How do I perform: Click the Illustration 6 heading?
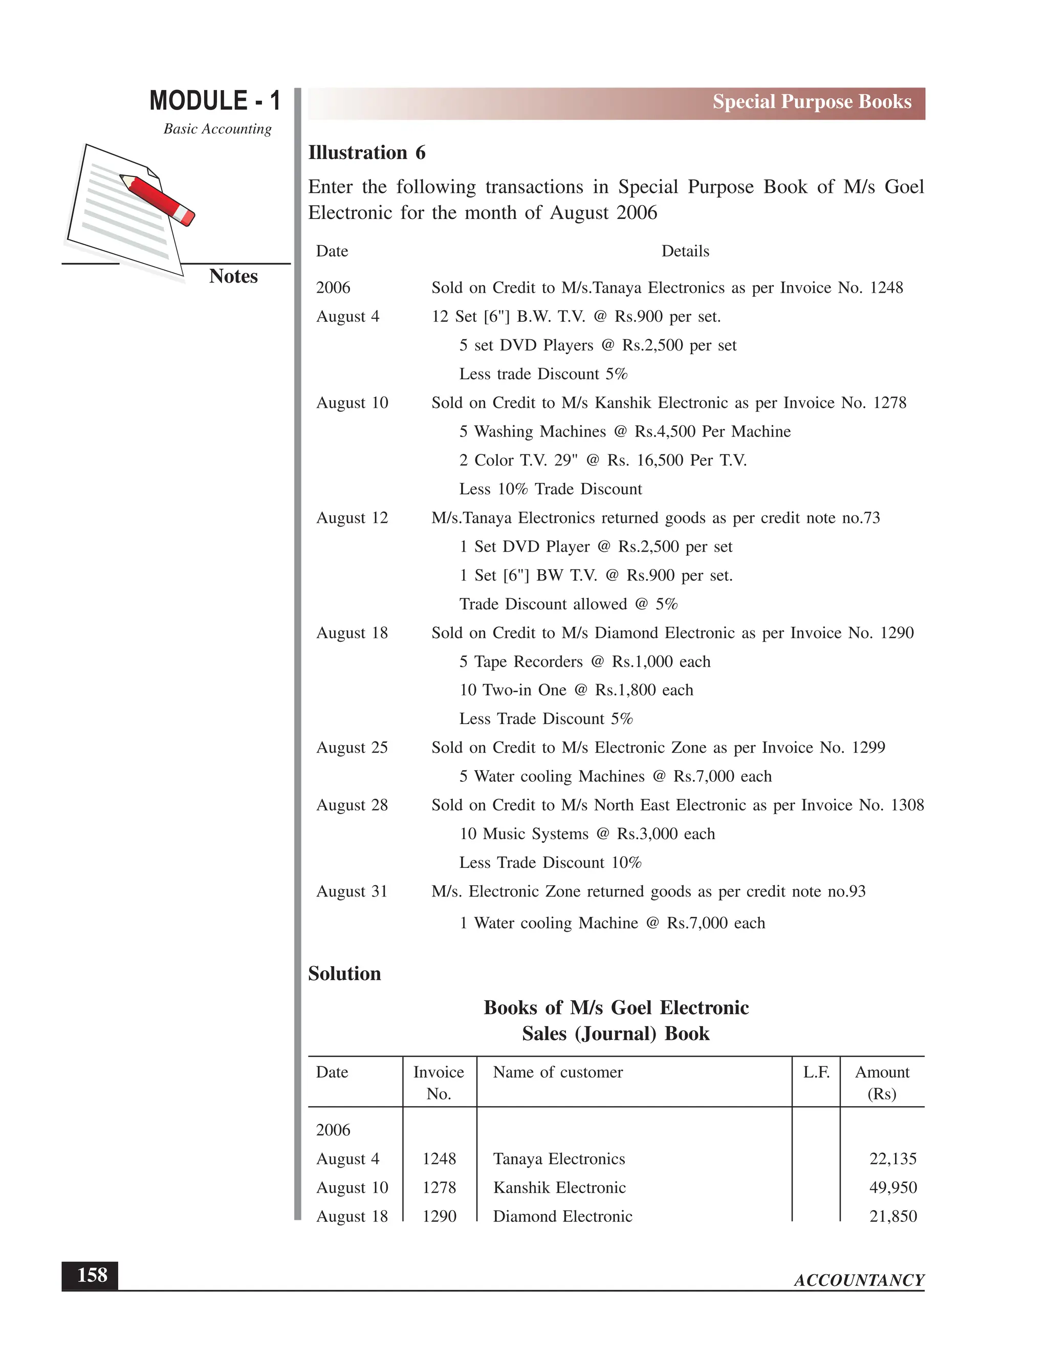click(x=366, y=152)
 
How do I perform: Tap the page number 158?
click(x=91, y=1275)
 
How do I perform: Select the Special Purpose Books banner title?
click(x=812, y=102)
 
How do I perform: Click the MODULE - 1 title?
click(x=215, y=101)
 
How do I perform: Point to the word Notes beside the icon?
click(x=233, y=276)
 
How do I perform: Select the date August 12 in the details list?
click(x=352, y=518)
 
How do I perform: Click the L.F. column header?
click(x=816, y=1072)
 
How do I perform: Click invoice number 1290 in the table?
click(x=439, y=1216)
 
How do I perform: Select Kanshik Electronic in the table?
click(x=559, y=1187)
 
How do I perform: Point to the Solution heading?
click(x=344, y=974)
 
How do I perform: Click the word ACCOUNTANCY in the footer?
click(x=859, y=1280)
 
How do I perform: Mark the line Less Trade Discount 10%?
click(x=550, y=862)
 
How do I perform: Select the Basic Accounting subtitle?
click(x=217, y=129)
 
